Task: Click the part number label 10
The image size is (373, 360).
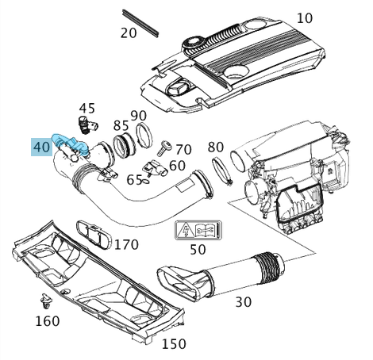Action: pos(304,17)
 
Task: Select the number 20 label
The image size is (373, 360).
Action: pos(129,33)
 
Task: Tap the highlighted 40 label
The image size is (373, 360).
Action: pos(41,147)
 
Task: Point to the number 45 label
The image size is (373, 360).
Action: pos(87,108)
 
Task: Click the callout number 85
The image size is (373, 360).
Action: pos(121,125)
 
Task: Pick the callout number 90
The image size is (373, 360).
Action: pos(139,116)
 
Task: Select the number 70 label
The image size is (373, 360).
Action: pos(183,149)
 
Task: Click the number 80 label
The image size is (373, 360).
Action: pos(215,147)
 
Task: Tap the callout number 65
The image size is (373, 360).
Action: pos(135,180)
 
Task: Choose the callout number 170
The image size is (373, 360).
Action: pos(125,244)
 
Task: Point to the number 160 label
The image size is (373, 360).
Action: pos(47,321)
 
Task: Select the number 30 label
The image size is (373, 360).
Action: pos(243,301)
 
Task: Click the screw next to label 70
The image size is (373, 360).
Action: pos(166,147)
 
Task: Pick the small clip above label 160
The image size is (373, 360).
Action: pos(45,301)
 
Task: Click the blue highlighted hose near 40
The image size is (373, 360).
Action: pos(68,142)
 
